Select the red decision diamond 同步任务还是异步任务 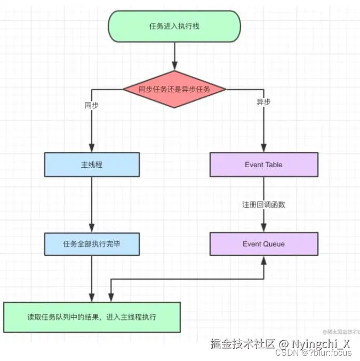[174, 89]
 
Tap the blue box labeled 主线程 [92, 164]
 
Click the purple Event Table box [263, 164]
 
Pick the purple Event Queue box [263, 244]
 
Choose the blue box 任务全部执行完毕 [92, 244]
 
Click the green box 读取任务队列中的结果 [92, 317]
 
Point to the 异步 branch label [263, 102]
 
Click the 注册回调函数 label [263, 205]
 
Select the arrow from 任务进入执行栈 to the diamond [174, 56]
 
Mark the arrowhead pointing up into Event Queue [263, 260]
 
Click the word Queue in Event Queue [274, 244]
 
